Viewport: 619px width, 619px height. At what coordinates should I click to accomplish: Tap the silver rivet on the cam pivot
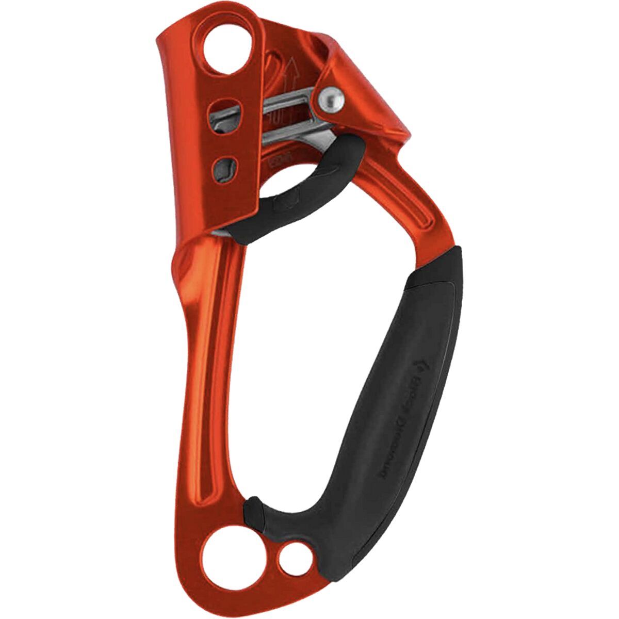click(331, 98)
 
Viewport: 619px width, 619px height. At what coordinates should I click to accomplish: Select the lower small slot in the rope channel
click(225, 167)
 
